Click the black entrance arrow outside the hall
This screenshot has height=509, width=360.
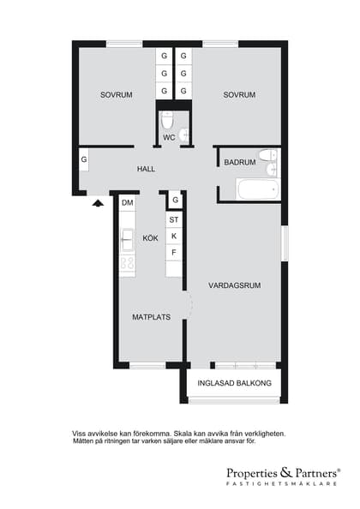pyautogui.click(x=98, y=203)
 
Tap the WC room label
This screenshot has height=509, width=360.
pyautogui.click(x=169, y=138)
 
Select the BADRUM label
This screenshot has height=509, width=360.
pyautogui.click(x=240, y=162)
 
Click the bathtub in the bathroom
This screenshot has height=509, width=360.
pyautogui.click(x=258, y=189)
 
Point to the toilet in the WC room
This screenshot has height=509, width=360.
pyautogui.click(x=167, y=120)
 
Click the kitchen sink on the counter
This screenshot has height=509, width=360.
pyautogui.click(x=127, y=240)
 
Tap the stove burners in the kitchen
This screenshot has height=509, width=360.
pyautogui.click(x=127, y=263)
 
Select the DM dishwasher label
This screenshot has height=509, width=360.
pyautogui.click(x=128, y=203)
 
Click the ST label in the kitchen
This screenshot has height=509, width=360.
pyautogui.click(x=174, y=219)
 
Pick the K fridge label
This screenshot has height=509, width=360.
pyautogui.click(x=174, y=236)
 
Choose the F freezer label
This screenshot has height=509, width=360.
pyautogui.click(x=174, y=252)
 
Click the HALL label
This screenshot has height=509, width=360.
pyautogui.click(x=146, y=169)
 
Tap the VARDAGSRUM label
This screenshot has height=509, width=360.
pyautogui.click(x=234, y=285)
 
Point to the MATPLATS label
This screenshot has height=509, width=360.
pyautogui.click(x=151, y=317)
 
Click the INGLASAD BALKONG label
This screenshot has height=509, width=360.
pyautogui.click(x=234, y=383)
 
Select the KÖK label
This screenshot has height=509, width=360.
pyautogui.click(x=150, y=238)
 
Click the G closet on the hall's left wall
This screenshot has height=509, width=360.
pyautogui.click(x=84, y=159)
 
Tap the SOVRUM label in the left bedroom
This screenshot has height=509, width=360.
pyautogui.click(x=117, y=95)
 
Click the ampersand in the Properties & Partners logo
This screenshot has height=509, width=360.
pyautogui.click(x=285, y=472)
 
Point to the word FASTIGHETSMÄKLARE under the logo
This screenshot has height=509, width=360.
pyautogui.click(x=281, y=483)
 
